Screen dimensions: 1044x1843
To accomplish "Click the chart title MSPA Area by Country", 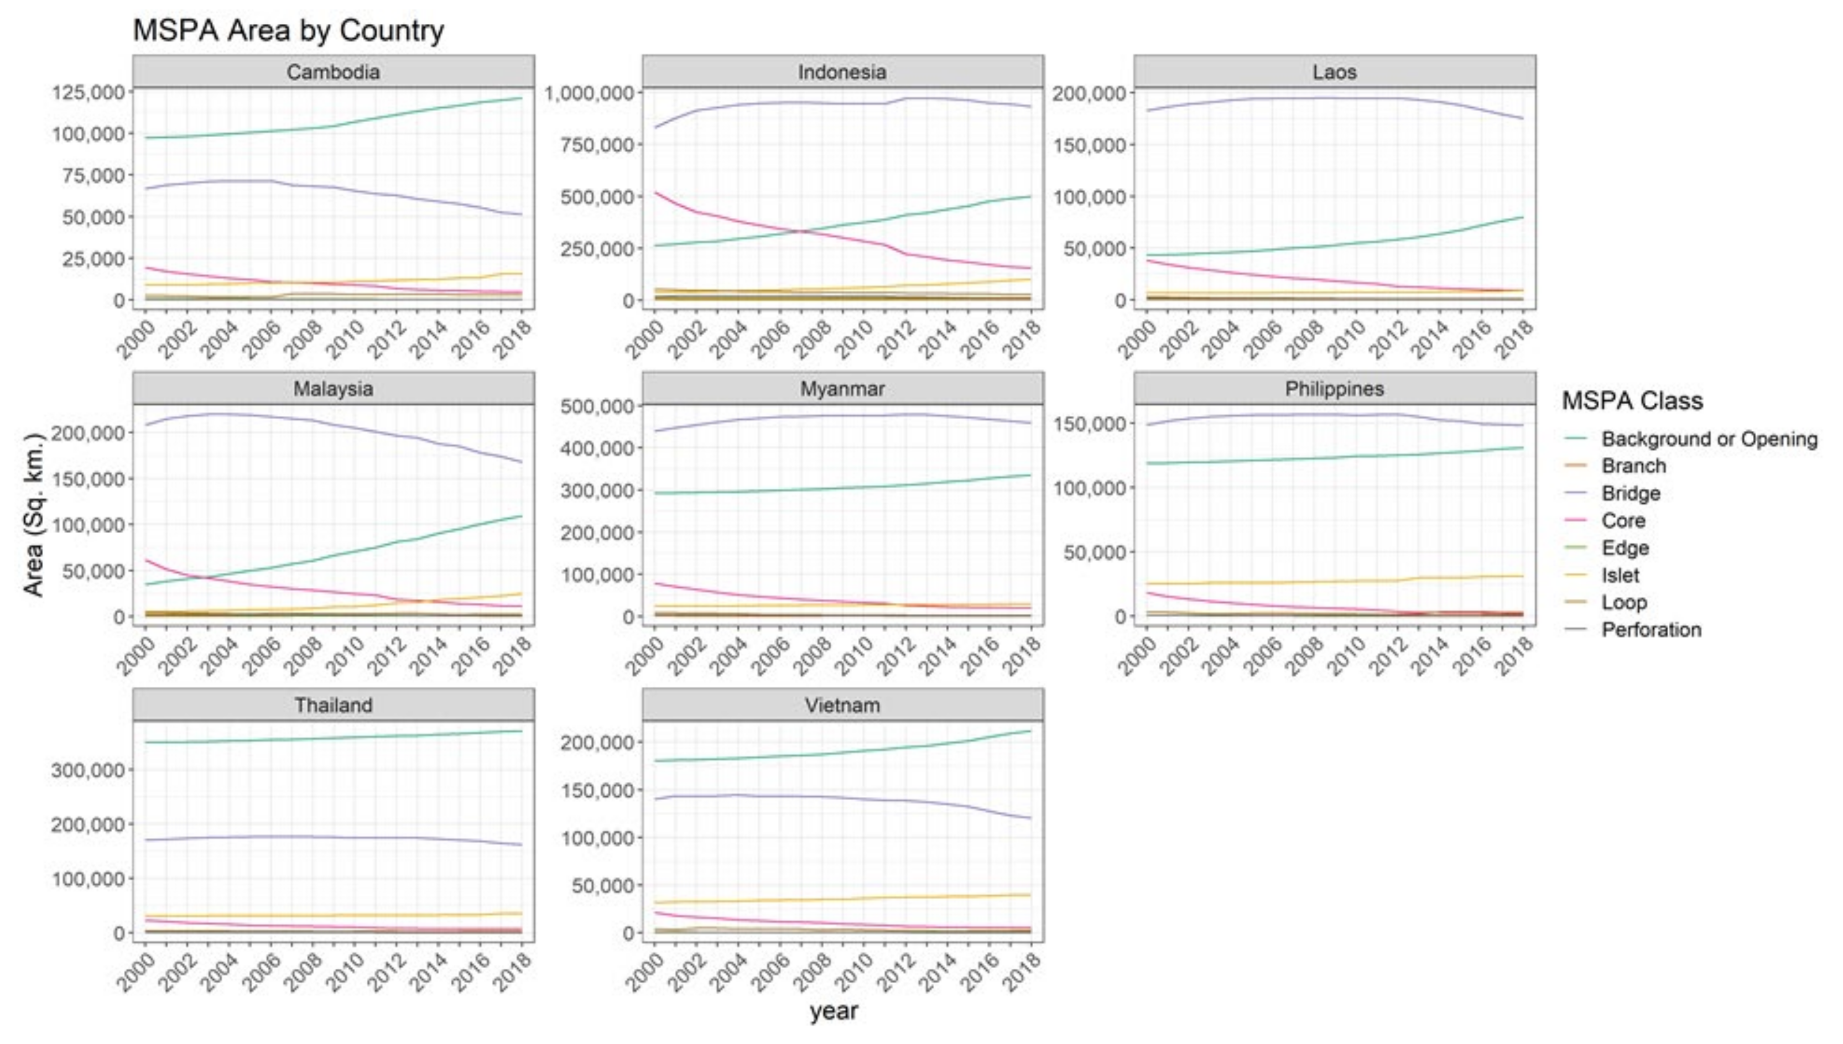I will tap(288, 31).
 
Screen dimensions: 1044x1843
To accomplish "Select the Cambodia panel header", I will tap(334, 72).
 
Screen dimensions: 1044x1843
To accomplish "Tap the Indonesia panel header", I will tap(842, 72).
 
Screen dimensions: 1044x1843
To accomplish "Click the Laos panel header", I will tap(1335, 72).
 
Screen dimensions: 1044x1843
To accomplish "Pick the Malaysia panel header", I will tap(334, 389).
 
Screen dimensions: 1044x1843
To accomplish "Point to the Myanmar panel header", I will tap(842, 389).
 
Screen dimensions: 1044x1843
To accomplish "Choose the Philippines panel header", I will tap(1335, 389).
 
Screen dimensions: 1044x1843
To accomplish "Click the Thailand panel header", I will tap(334, 705).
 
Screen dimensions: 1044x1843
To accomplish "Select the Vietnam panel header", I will tap(842, 705).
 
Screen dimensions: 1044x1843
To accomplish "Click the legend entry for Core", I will tap(1623, 520).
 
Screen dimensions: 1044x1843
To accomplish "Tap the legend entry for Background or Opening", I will tap(1709, 439).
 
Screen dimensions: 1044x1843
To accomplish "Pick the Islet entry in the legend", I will tap(1620, 575).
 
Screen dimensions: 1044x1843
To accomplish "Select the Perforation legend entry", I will tap(1651, 630).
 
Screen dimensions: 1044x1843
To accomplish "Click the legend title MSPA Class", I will tap(1632, 400).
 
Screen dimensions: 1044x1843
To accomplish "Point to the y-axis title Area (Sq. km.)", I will tap(34, 514).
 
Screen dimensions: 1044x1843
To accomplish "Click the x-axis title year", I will tap(834, 1011).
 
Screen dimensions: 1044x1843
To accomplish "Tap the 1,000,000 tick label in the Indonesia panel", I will tap(590, 93).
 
